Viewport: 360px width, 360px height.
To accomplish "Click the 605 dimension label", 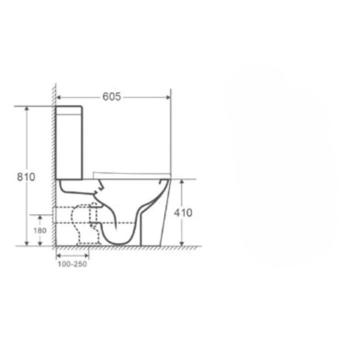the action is (x=111, y=96).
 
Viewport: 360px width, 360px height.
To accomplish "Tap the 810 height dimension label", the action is (x=26, y=177).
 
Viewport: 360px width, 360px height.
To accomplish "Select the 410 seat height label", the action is (x=183, y=213).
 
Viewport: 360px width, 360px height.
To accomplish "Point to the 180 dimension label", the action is (x=40, y=230).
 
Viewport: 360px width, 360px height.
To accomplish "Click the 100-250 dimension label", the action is (x=72, y=264).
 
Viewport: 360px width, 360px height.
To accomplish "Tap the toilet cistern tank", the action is (x=69, y=142).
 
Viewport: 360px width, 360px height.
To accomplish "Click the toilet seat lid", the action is (x=131, y=175).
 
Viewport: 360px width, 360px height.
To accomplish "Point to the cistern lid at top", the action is (x=69, y=110).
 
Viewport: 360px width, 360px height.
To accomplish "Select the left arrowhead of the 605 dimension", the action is (x=58, y=97).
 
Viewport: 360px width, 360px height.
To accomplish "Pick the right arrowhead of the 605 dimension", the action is (x=168, y=97).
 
